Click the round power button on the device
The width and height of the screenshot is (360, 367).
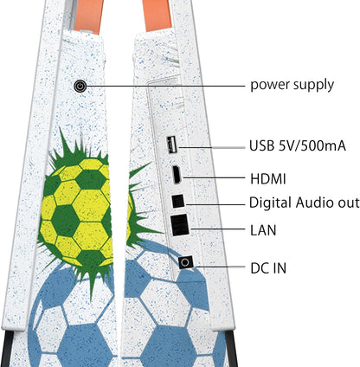pyautogui.click(x=80, y=86)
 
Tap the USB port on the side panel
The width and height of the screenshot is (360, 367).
pyautogui.click(x=172, y=145)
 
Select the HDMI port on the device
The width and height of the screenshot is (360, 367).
pyautogui.click(x=177, y=175)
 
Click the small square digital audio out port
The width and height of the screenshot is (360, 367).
pyautogui.click(x=178, y=201)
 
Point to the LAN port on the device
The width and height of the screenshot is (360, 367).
pyautogui.click(x=180, y=225)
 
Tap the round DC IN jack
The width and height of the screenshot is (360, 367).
pyautogui.click(x=186, y=262)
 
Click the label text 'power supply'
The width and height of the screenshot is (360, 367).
pyautogui.click(x=292, y=86)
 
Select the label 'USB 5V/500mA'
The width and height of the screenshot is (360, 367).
pyautogui.click(x=298, y=145)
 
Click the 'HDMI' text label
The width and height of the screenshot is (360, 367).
pyautogui.click(x=268, y=179)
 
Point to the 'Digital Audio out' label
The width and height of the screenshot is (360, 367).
pyautogui.click(x=305, y=203)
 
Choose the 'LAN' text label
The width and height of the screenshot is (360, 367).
pyautogui.click(x=263, y=230)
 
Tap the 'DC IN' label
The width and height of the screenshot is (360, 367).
pyautogui.click(x=268, y=268)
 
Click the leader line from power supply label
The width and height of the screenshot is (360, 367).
pyautogui.click(x=165, y=86)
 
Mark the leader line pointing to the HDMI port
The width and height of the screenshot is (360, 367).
pyautogui.click(x=213, y=177)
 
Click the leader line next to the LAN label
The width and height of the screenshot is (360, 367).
pyautogui.click(x=217, y=229)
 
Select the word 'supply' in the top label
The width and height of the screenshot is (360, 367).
pyautogui.click(x=313, y=86)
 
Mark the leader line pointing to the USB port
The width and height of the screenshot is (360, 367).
pyautogui.click(x=212, y=147)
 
